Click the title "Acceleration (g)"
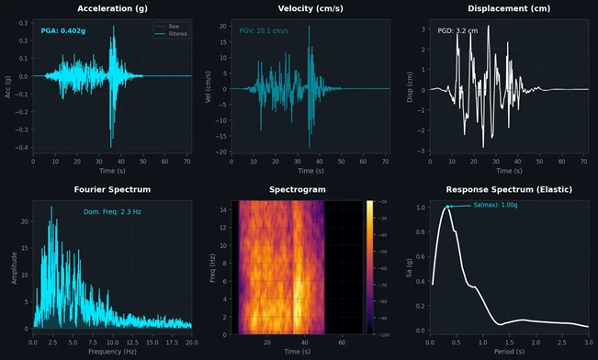pos(112,8)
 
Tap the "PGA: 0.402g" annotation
pos(63,30)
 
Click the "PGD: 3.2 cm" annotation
pos(458,30)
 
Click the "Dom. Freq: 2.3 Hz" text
pos(112,212)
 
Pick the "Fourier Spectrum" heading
pos(112,190)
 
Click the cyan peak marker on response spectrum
pos(448,207)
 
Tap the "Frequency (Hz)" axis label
pos(112,352)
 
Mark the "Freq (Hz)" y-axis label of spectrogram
pos(214,266)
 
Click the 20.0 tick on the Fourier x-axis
pos(191,342)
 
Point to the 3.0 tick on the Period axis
pos(588,342)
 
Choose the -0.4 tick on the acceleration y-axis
pos(21,147)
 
